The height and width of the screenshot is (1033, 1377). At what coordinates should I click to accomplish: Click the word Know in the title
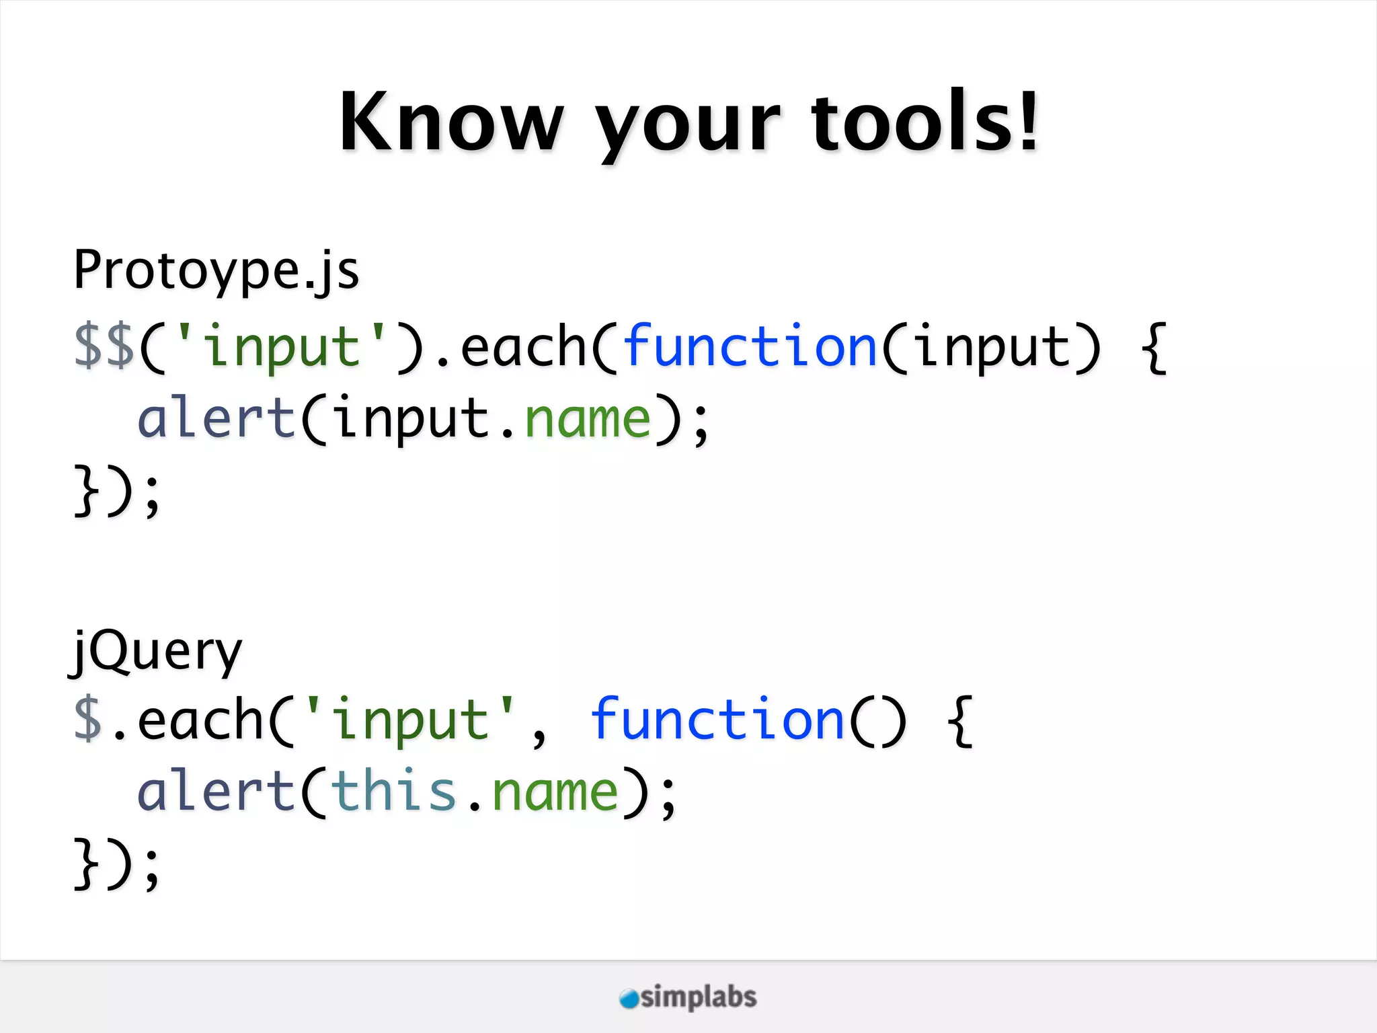point(451,122)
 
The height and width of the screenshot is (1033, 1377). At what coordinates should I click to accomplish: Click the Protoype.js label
point(217,270)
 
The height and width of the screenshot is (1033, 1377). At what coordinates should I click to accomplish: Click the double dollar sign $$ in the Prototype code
point(104,347)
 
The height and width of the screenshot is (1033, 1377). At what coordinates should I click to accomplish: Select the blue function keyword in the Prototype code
point(750,346)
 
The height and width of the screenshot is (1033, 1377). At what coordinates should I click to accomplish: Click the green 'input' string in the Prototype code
point(281,346)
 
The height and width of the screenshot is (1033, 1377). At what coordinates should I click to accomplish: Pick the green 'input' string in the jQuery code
point(410,720)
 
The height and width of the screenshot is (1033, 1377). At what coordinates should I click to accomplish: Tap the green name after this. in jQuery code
point(555,792)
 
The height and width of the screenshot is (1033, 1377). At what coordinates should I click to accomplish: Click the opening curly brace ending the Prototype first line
point(1154,347)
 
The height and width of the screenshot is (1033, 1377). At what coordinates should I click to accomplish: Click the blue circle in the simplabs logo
point(629,999)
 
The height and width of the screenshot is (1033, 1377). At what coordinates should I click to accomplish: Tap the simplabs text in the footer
point(699,997)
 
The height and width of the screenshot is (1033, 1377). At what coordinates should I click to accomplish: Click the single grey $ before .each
point(88,720)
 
